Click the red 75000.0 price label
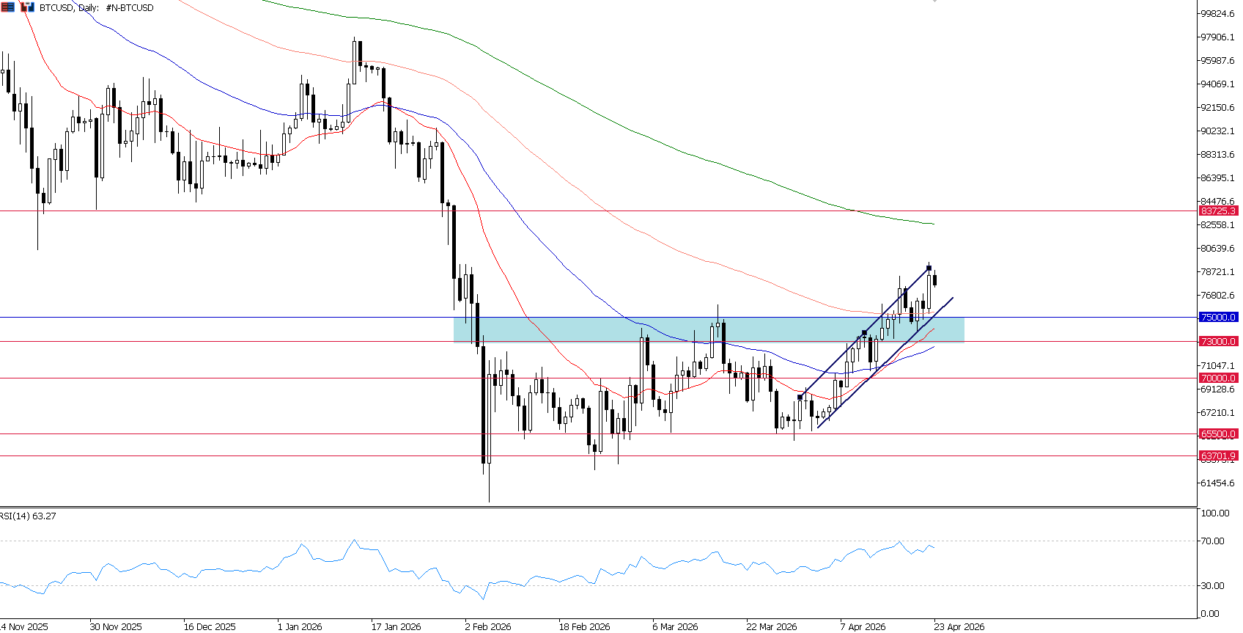tap(1218, 318)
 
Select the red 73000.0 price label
tap(1218, 342)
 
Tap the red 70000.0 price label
tap(1218, 378)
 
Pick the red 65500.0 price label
tap(1218, 434)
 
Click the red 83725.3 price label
tap(1218, 211)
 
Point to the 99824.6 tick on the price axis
tap(1217, 14)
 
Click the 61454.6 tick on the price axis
tap(1217, 483)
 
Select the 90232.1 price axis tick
tap(1217, 131)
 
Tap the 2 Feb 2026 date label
tap(487, 626)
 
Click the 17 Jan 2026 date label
tap(396, 626)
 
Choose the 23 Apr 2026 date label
tap(959, 626)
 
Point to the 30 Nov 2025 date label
tap(116, 626)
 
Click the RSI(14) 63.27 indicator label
tap(28, 516)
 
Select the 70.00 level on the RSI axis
tap(1213, 541)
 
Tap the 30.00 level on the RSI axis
tap(1213, 586)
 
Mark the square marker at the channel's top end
tap(929, 268)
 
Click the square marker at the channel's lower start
tap(800, 397)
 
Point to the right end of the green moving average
tap(934, 224)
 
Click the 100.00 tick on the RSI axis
tap(1214, 513)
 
